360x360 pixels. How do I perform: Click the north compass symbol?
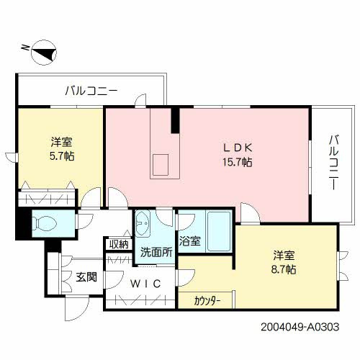click(44, 53)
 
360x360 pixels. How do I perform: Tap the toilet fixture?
click(45, 223)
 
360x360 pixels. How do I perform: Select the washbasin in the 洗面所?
click(143, 224)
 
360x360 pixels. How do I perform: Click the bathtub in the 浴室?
click(219, 231)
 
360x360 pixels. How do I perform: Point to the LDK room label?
click(238, 148)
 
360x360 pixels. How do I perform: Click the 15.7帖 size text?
click(237, 163)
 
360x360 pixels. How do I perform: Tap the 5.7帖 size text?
click(62, 156)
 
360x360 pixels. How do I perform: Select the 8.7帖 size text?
click(284, 269)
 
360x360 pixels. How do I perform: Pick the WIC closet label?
click(145, 284)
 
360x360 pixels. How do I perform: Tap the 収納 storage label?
click(119, 245)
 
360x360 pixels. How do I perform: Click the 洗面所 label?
click(156, 252)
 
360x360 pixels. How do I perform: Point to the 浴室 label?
click(190, 241)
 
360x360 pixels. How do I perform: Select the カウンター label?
click(207, 301)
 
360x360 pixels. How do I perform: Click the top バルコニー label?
click(91, 91)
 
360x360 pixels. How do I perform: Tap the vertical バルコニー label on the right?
click(333, 163)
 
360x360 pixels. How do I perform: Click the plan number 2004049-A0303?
click(300, 327)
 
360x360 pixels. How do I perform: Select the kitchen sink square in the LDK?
click(161, 165)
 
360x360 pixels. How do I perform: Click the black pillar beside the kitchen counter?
click(175, 120)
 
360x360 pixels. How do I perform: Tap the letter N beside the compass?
click(25, 48)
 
